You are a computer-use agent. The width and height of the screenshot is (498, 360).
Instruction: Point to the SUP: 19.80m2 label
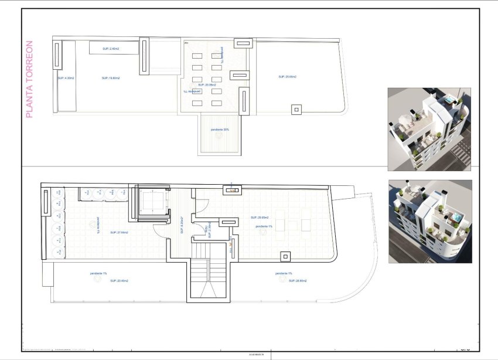tap(110, 78)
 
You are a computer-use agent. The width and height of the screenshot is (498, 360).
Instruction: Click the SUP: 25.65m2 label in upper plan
tap(287, 77)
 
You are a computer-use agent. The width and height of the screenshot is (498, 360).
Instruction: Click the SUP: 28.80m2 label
tap(298, 281)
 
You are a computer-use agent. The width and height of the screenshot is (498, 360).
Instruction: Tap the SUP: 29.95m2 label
tap(259, 217)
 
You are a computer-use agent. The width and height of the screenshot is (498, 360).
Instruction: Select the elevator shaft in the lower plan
tap(152, 205)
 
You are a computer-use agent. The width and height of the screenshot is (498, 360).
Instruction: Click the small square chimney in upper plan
tap(296, 109)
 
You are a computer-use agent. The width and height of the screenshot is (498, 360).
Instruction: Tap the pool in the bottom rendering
tap(454, 218)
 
